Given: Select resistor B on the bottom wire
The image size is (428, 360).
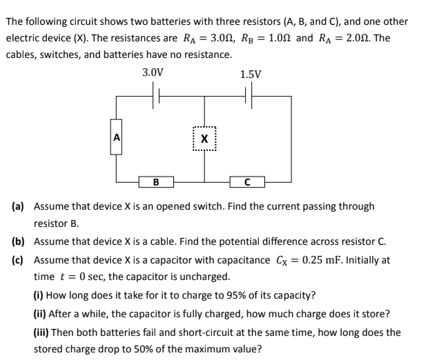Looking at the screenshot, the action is pyautogui.click(x=155, y=183).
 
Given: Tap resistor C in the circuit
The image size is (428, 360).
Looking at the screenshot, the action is pyautogui.click(x=247, y=183).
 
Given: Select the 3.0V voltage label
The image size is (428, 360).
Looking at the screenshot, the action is pyautogui.click(x=153, y=72).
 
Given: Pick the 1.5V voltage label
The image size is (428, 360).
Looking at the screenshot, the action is pyautogui.click(x=251, y=74).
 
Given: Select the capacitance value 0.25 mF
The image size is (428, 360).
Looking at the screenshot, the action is pyautogui.click(x=352, y=260).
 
